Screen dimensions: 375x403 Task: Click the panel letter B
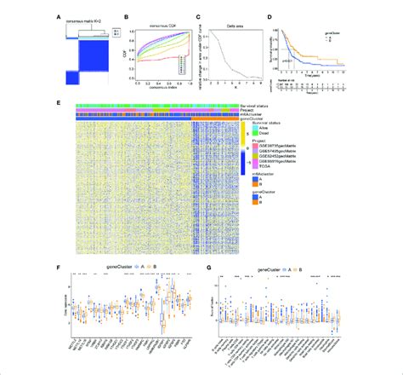point(128,13)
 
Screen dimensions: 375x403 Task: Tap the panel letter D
point(270,13)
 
